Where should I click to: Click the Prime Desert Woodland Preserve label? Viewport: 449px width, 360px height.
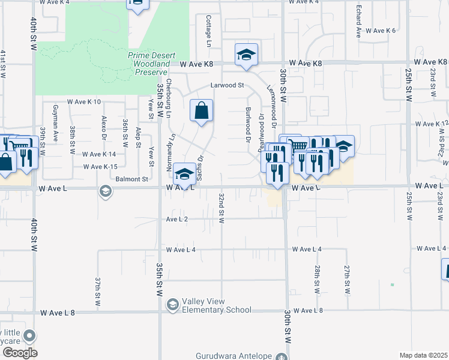coord(152,60)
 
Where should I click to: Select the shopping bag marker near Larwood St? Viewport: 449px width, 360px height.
coord(201,110)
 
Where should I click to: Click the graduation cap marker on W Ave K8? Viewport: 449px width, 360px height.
coord(246,55)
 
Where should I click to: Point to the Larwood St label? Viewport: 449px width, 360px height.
coord(227,85)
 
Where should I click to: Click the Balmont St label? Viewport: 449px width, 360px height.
coord(132,179)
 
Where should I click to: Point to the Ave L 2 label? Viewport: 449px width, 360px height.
coord(177,220)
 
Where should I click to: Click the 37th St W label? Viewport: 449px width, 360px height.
coord(97,291)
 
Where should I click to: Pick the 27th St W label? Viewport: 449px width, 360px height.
coord(347,279)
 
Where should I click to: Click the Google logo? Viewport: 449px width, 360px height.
coord(19,353)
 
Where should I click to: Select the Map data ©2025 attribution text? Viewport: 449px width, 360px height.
coord(423,355)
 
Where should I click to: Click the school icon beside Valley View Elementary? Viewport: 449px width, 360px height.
coord(173,305)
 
